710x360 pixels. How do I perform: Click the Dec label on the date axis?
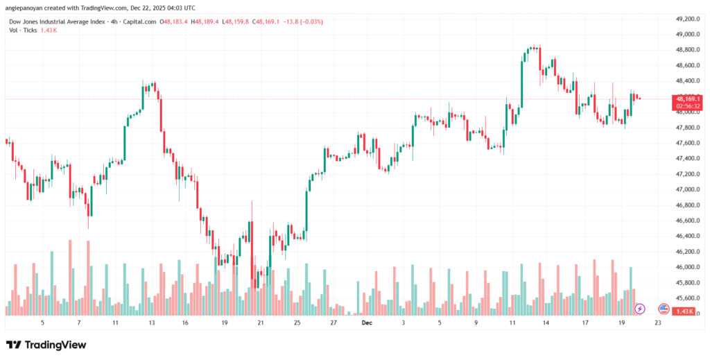367,323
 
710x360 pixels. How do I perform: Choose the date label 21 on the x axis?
259,323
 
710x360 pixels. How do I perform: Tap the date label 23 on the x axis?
657,323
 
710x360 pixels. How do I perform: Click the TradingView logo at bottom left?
46,345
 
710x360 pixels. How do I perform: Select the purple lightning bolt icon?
640,308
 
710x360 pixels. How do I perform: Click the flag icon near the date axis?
663,308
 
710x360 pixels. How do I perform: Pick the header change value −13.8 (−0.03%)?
303,22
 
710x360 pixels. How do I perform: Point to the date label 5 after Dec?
440,323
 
